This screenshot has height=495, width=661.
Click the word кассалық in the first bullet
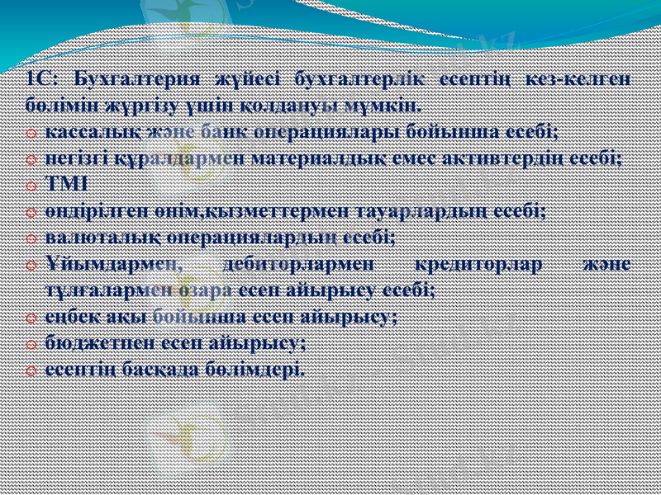click(x=82, y=132)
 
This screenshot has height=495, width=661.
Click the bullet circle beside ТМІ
click(x=31, y=186)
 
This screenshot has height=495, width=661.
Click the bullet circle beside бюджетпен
click(x=31, y=343)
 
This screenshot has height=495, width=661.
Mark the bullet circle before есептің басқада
click(x=31, y=370)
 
